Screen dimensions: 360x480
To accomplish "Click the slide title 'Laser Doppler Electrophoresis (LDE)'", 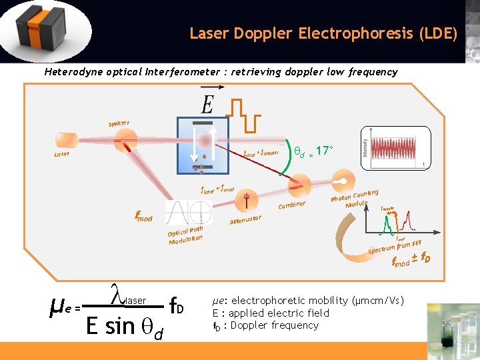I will click(x=323, y=33).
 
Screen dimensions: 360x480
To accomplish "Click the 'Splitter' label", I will click(x=119, y=123).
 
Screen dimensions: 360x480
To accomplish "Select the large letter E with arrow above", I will click(x=208, y=104).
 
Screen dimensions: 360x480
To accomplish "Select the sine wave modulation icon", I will click(x=189, y=213).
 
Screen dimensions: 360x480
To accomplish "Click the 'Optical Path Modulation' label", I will click(x=185, y=235).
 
